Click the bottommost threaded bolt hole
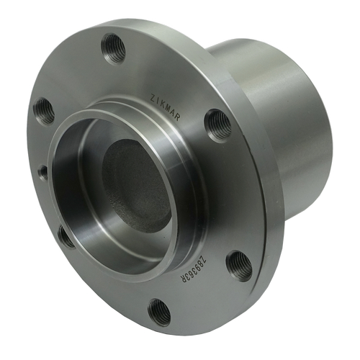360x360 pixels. click(x=159, y=312)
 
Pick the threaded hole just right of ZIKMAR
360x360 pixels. click(x=217, y=125)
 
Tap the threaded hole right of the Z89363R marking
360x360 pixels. click(x=239, y=266)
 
